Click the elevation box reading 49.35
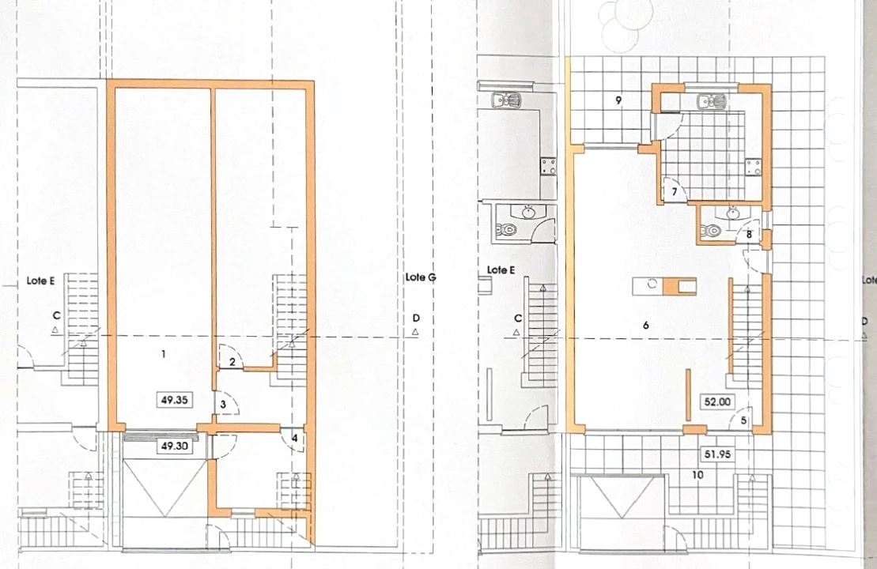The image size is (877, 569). click(x=175, y=400)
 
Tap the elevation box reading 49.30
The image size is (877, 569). click(x=175, y=446)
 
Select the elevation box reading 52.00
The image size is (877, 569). click(x=717, y=402)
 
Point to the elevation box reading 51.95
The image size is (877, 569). click(x=717, y=454)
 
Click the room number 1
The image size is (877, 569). click(x=164, y=354)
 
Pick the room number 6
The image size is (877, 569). click(x=646, y=325)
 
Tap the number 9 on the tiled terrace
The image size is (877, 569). click(x=618, y=100)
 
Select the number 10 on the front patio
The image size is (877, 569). click(x=697, y=475)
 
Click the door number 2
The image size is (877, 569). click(x=232, y=362)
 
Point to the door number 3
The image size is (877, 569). click(x=223, y=404)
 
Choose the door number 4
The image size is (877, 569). click(x=295, y=438)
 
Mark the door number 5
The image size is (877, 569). click(x=744, y=420)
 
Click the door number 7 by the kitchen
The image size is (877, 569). click(x=675, y=192)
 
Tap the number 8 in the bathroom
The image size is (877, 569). click(x=749, y=235)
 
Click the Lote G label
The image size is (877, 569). click(x=421, y=277)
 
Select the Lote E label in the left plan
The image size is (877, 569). click(x=40, y=281)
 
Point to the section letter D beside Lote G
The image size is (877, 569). click(x=416, y=318)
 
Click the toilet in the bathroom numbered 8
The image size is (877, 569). click(x=712, y=230)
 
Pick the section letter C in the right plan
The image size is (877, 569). click(x=518, y=318)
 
